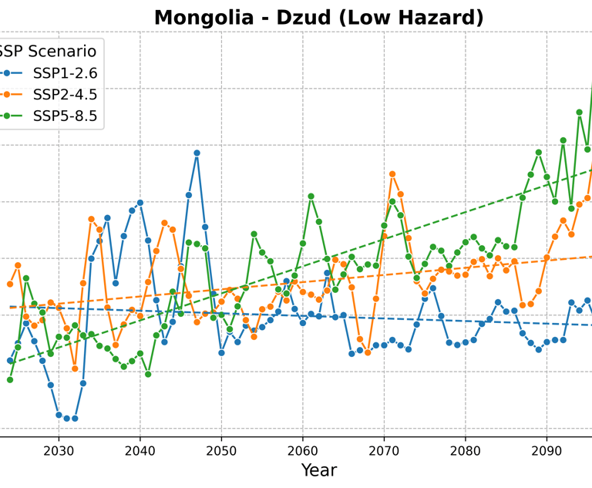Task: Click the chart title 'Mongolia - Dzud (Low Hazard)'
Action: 319,17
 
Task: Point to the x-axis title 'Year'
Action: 319,469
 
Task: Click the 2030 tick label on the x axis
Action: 58,449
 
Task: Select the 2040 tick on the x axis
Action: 140,449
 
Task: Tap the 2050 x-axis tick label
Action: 221,449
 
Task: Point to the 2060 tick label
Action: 302,449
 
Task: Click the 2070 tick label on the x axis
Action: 384,449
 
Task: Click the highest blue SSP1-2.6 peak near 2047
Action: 197,153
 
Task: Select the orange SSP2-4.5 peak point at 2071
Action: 392,174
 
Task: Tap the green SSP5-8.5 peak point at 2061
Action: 311,197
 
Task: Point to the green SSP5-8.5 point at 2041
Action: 148,375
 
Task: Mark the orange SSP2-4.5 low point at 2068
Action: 368,352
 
